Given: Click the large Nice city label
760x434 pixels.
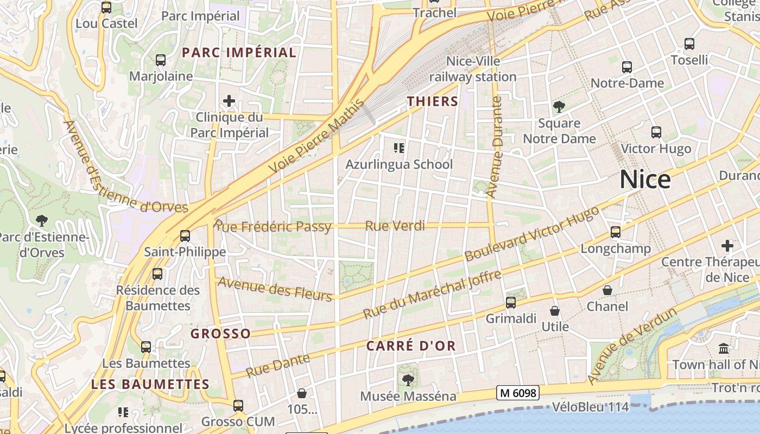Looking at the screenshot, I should pyautogui.click(x=645, y=180).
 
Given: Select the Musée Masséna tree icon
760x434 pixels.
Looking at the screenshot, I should pyautogui.click(x=408, y=380).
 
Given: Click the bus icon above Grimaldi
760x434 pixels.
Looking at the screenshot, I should pyautogui.click(x=511, y=303).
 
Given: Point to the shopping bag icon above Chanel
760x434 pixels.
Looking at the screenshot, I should pyautogui.click(x=607, y=291).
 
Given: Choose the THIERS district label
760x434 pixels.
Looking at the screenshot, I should pyautogui.click(x=433, y=101).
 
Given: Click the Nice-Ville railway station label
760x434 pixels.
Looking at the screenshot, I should pyautogui.click(x=473, y=69).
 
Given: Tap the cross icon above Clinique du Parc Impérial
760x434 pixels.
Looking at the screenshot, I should pyautogui.click(x=229, y=101).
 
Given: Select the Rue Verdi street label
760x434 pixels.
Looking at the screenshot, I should pyautogui.click(x=395, y=226).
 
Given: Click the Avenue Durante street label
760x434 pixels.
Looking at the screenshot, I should pyautogui.click(x=494, y=146).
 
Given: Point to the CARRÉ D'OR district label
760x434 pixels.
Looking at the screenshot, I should pyautogui.click(x=411, y=346).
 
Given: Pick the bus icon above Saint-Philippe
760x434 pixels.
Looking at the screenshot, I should pyautogui.click(x=185, y=236).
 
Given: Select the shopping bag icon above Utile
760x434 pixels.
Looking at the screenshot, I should pyautogui.click(x=555, y=311).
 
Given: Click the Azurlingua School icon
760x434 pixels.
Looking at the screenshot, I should pyautogui.click(x=400, y=148).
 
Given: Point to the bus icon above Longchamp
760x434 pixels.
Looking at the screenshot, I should pyautogui.click(x=616, y=232).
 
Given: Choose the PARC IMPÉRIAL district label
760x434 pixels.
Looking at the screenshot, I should pyautogui.click(x=239, y=53).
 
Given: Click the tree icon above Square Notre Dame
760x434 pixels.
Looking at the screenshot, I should pyautogui.click(x=559, y=107).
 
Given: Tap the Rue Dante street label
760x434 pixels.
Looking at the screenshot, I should pyautogui.click(x=278, y=365).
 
